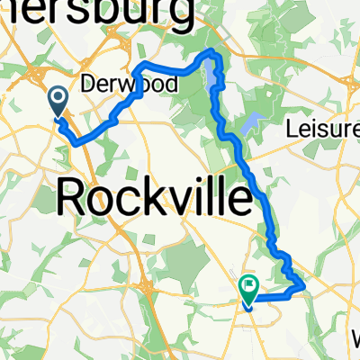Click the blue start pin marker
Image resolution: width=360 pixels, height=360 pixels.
pyautogui.click(x=58, y=102)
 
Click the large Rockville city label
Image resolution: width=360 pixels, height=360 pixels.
pyautogui.click(x=155, y=195)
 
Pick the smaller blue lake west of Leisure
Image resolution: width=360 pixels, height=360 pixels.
pyautogui.click(x=251, y=121)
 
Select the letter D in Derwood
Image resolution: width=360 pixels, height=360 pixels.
pyautogui.click(x=89, y=84)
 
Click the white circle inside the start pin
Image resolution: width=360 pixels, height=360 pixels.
pyautogui.click(x=58, y=98)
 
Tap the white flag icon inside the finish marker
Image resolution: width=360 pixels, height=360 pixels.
pyautogui.click(x=249, y=285)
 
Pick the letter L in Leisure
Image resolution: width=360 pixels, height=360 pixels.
pyautogui.click(x=292, y=129)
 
